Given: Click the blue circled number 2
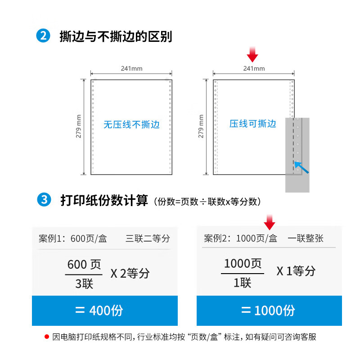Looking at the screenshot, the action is (x=43, y=36).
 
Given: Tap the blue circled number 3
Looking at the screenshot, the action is (x=44, y=199).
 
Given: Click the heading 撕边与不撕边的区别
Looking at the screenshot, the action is (x=116, y=36).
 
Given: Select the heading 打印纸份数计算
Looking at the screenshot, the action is (x=104, y=200).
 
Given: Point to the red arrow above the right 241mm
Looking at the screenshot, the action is (x=252, y=54).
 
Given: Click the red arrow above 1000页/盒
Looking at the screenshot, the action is (x=269, y=222).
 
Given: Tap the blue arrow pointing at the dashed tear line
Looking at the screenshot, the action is (x=301, y=167).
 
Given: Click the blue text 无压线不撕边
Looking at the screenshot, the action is (x=131, y=125).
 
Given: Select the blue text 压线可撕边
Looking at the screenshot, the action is (x=252, y=123).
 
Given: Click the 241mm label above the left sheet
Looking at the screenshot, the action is (x=131, y=68).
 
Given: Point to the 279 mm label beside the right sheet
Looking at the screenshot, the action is (x=201, y=126).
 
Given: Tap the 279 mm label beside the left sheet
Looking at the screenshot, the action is (x=78, y=126).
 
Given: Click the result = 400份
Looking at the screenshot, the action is (x=99, y=310).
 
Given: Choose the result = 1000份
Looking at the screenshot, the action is (x=268, y=310).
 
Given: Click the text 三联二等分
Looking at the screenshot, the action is (x=148, y=238).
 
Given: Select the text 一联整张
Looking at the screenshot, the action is (x=306, y=238).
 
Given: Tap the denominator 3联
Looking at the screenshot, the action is (x=84, y=284).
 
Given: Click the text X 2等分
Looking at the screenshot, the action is (x=130, y=273).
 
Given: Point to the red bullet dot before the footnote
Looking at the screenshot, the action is (x=47, y=337).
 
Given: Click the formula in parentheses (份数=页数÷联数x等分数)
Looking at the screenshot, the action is (x=207, y=202).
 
